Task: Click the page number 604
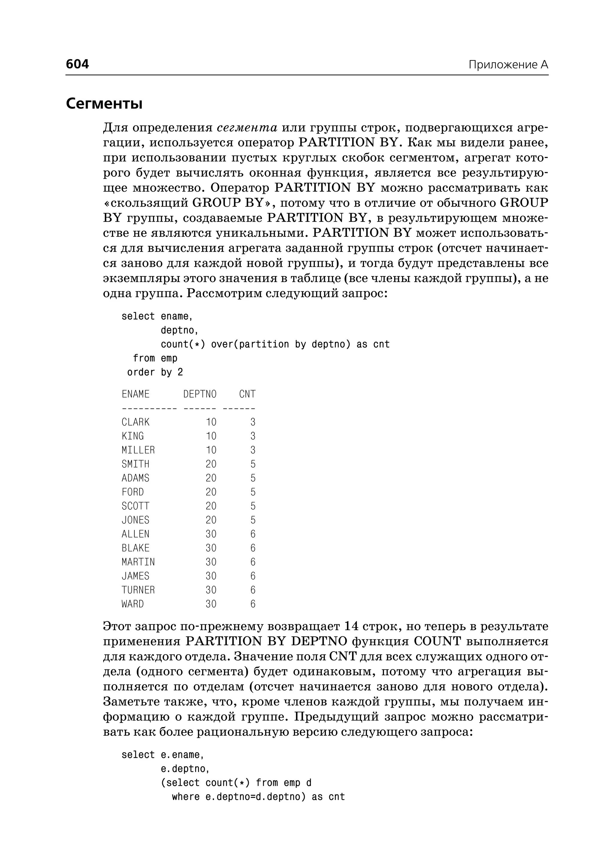[x=78, y=64]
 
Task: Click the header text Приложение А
[x=508, y=65]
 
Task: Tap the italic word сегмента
[x=247, y=128]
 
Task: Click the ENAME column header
[x=136, y=394]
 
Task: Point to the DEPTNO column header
[x=200, y=394]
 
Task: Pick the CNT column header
[x=247, y=394]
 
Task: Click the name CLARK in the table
[x=136, y=422]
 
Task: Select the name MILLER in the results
[x=138, y=450]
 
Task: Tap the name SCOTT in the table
[x=136, y=506]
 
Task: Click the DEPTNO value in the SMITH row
[x=211, y=464]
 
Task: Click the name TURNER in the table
[x=138, y=590]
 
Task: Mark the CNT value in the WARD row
[x=253, y=604]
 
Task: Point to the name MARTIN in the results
[x=138, y=562]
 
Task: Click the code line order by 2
[x=155, y=373]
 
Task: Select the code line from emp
[x=155, y=358]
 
